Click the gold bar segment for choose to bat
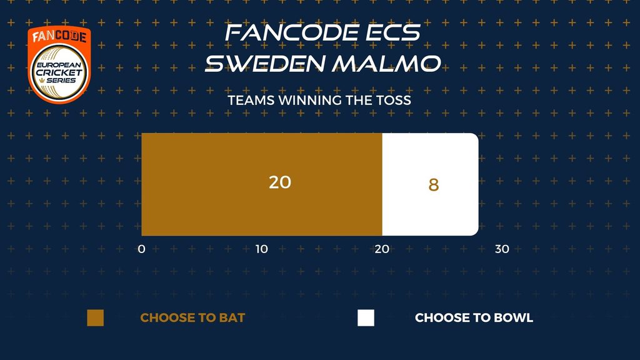pyautogui.click(x=262, y=184)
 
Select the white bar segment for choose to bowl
pyautogui.click(x=430, y=184)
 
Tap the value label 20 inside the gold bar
pyautogui.click(x=280, y=182)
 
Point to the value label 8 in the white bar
pyautogui.click(x=434, y=185)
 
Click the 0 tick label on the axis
pyautogui.click(x=142, y=249)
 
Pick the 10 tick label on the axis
pyautogui.click(x=262, y=249)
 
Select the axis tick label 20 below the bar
pyautogui.click(x=382, y=249)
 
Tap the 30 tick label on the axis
pyautogui.click(x=502, y=249)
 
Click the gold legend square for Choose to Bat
pyautogui.click(x=96, y=318)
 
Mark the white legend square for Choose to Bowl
pyautogui.click(x=366, y=318)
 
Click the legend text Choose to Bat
pyautogui.click(x=192, y=317)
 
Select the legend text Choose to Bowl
pyautogui.click(x=474, y=317)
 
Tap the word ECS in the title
pyautogui.click(x=392, y=32)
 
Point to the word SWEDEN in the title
pyautogui.click(x=265, y=64)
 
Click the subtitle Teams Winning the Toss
pyautogui.click(x=319, y=101)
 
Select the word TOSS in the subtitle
pyautogui.click(x=394, y=101)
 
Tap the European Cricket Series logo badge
pyautogui.click(x=59, y=65)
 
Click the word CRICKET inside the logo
pyautogui.click(x=59, y=72)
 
